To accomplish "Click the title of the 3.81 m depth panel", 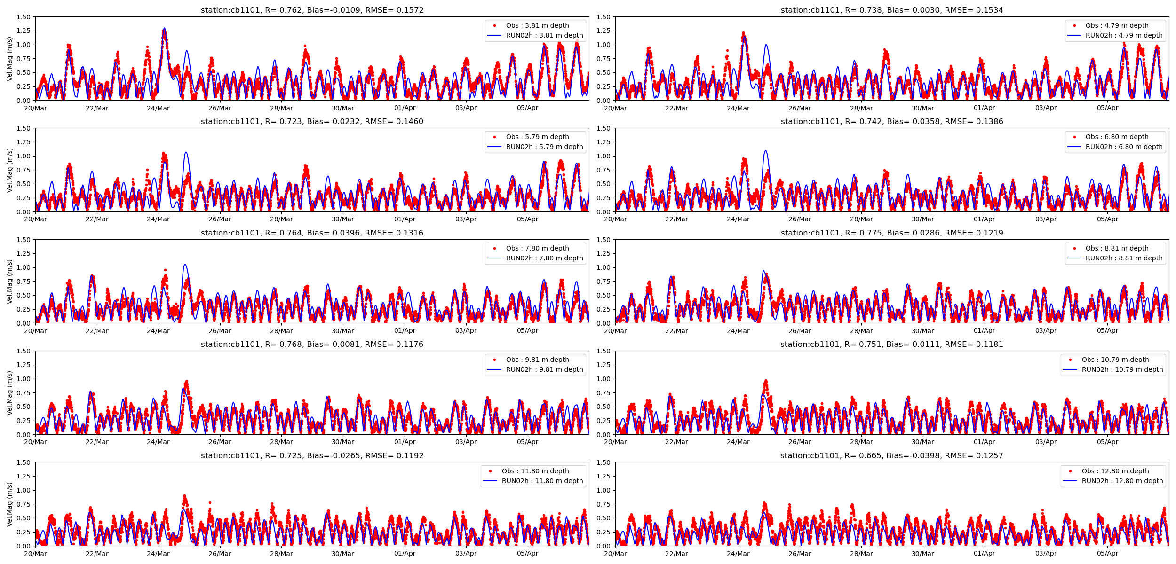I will pyautogui.click(x=312, y=10).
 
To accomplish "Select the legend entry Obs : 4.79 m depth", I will pyautogui.click(x=1116, y=25).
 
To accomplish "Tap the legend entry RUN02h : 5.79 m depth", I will pyautogui.click(x=544, y=147).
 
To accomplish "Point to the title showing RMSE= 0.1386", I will pyautogui.click(x=891, y=121).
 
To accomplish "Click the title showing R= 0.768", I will pyautogui.click(x=312, y=344).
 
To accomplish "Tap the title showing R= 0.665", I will pyautogui.click(x=891, y=455).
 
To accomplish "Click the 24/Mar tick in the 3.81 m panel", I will pyautogui.click(x=158, y=108).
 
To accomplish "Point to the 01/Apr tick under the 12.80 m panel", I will pyautogui.click(x=984, y=554).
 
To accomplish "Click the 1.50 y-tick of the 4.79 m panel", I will pyautogui.click(x=604, y=17).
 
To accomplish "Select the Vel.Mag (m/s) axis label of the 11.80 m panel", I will pyautogui.click(x=9, y=504).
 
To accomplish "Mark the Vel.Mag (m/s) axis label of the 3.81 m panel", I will pyautogui.click(x=9, y=59).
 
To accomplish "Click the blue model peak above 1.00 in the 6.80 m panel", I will pyautogui.click(x=766, y=151).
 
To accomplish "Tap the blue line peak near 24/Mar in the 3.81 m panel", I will pyautogui.click(x=164, y=28).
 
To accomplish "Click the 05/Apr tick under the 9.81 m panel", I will pyautogui.click(x=527, y=442).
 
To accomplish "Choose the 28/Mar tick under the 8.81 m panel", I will pyautogui.click(x=861, y=331).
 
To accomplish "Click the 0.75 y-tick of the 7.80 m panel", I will pyautogui.click(x=24, y=282).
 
